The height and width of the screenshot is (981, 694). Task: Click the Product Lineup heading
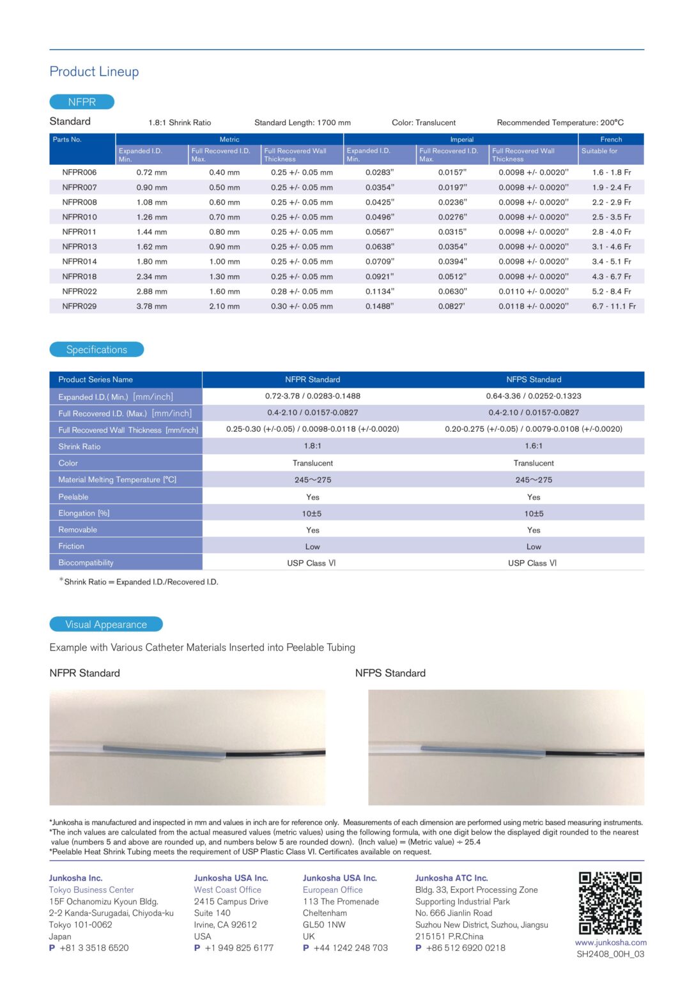pyautogui.click(x=94, y=72)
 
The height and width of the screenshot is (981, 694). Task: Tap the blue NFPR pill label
pyautogui.click(x=82, y=102)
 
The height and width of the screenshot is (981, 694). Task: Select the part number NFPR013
pyautogui.click(x=79, y=247)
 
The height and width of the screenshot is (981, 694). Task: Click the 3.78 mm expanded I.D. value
pyautogui.click(x=151, y=307)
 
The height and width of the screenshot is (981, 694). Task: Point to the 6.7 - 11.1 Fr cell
pyautogui.click(x=613, y=307)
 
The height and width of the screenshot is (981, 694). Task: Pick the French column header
pyautogui.click(x=611, y=139)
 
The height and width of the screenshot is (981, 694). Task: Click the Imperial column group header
pyautogui.click(x=461, y=139)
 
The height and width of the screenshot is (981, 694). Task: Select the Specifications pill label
pyautogui.click(x=96, y=350)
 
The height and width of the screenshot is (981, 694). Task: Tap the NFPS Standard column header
pyautogui.click(x=534, y=379)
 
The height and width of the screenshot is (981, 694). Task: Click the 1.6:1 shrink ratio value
pyautogui.click(x=534, y=446)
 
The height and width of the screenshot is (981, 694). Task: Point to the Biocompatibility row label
pyautogui.click(x=86, y=563)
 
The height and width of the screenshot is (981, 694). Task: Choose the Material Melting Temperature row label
pyautogui.click(x=117, y=480)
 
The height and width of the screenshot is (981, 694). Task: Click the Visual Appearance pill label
pyautogui.click(x=106, y=625)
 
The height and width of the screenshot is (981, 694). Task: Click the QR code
pyautogui.click(x=610, y=903)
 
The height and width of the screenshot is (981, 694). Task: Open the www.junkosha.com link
pyautogui.click(x=610, y=943)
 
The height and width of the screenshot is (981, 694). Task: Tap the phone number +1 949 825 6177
pyautogui.click(x=238, y=948)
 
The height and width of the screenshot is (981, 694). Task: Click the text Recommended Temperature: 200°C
pyautogui.click(x=560, y=123)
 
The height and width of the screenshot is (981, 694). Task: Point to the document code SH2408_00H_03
pyautogui.click(x=610, y=954)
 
